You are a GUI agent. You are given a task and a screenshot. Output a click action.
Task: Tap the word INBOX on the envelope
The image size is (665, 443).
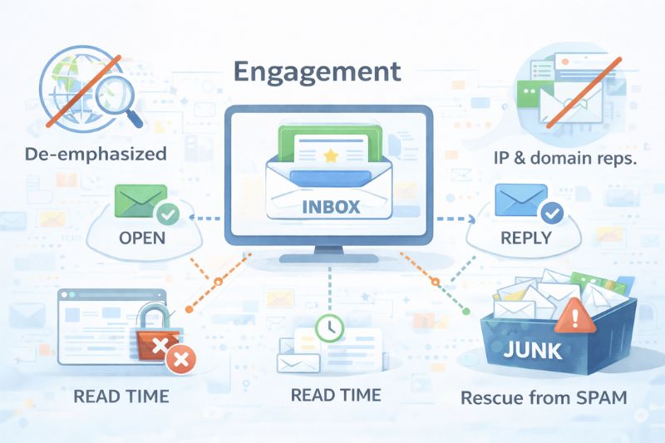(331, 206)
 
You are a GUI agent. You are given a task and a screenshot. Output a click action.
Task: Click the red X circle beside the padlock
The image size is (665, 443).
(177, 359)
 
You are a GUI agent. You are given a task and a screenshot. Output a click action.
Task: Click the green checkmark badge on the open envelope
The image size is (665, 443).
(170, 214)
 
